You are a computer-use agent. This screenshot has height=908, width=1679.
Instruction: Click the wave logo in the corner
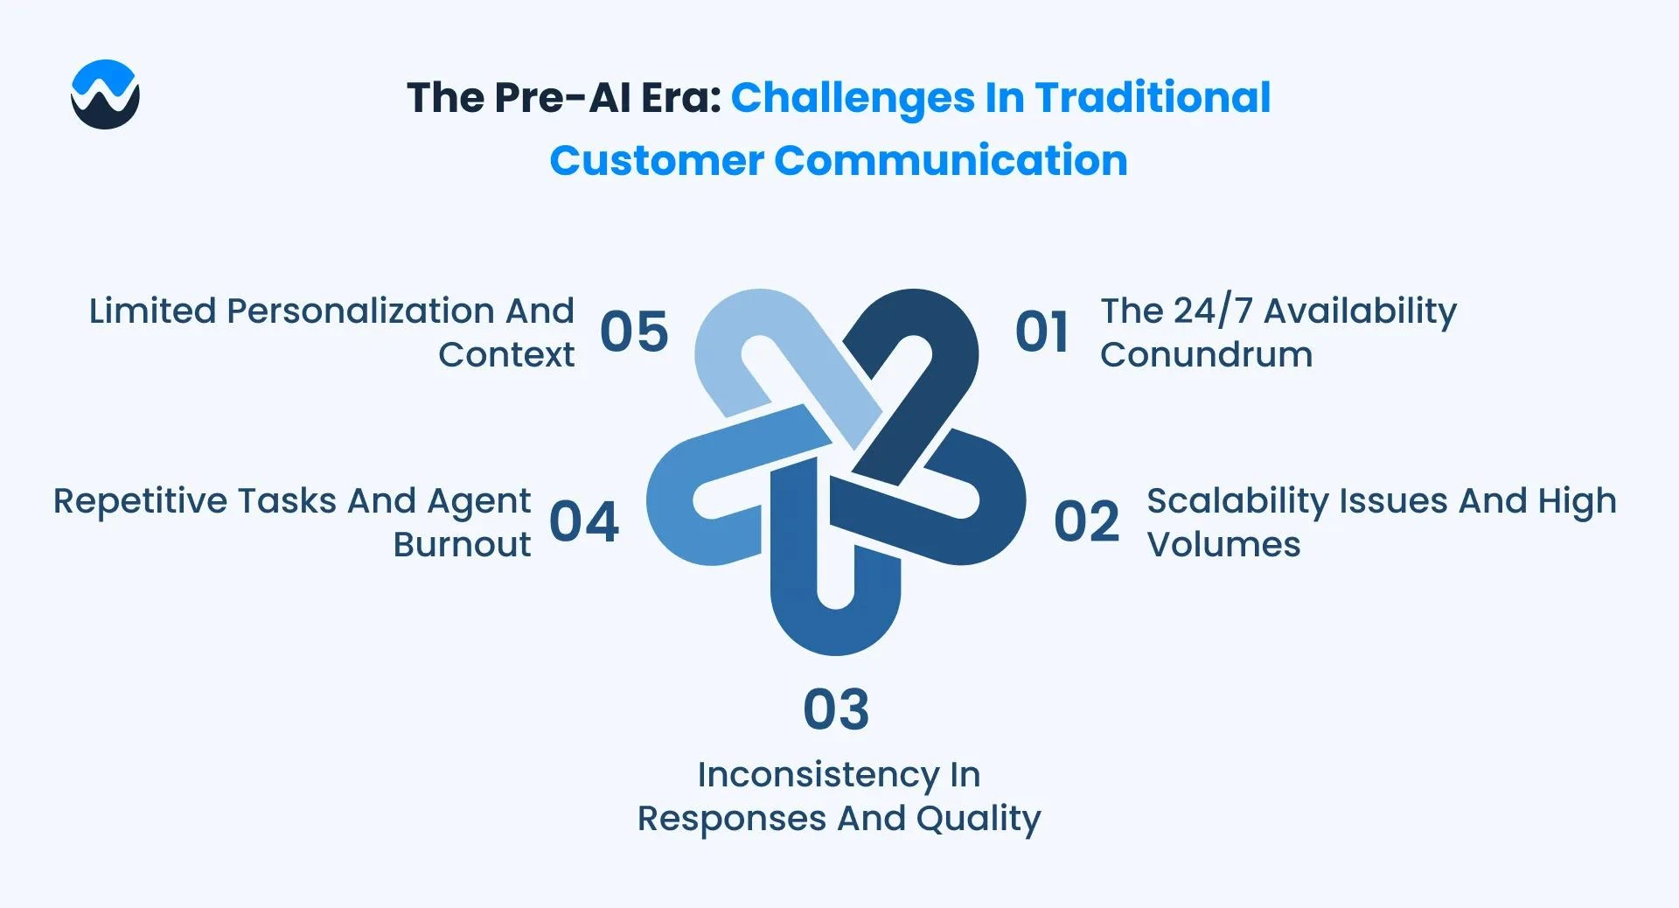105,94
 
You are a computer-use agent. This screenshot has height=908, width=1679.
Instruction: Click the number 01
1042,332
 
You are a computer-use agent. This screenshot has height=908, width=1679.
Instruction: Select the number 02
1086,522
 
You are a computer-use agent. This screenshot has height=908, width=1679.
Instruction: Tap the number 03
836,709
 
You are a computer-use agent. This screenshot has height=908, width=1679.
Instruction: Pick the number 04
584,522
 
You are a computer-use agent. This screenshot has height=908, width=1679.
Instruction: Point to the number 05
634,332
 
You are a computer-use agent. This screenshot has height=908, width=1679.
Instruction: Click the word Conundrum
1207,355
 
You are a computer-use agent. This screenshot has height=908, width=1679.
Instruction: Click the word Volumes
1224,545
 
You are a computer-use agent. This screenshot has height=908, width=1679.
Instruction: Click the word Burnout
462,545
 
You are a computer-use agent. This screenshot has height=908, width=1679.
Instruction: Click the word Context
506,355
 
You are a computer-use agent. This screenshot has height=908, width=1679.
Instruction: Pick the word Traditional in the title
1153,97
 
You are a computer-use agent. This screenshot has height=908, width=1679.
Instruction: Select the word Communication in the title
951,160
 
